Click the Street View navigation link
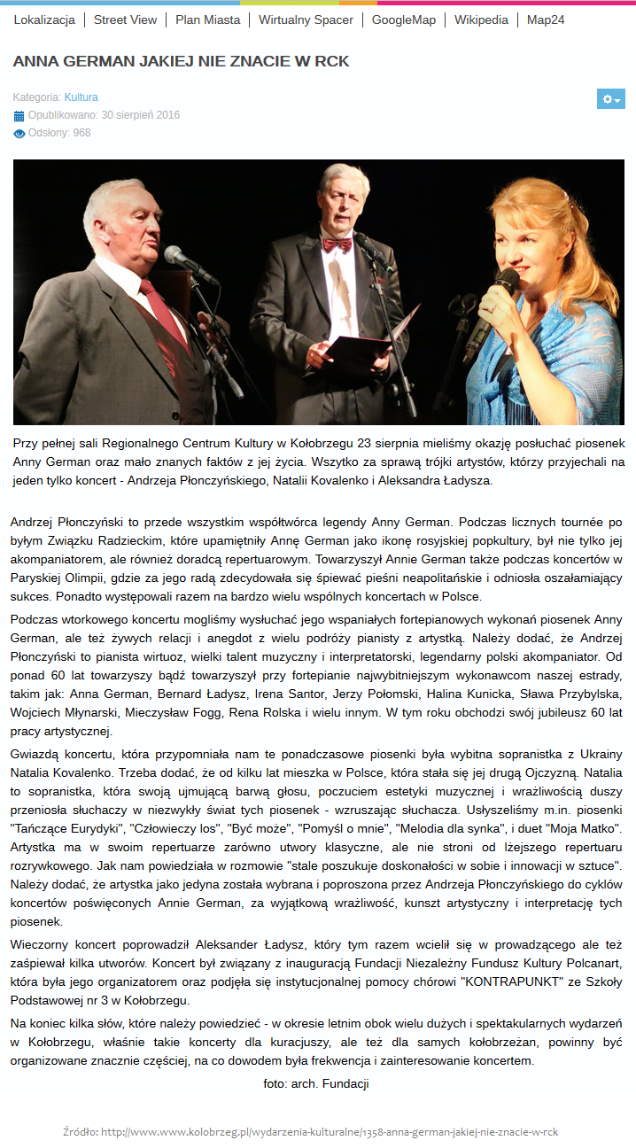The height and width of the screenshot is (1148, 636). click(125, 19)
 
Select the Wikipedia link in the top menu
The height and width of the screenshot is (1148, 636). click(481, 19)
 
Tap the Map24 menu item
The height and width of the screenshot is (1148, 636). click(545, 19)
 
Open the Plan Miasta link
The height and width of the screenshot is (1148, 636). click(207, 19)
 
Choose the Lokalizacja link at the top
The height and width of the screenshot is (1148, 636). click(44, 19)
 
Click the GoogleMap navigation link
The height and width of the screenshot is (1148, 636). click(404, 19)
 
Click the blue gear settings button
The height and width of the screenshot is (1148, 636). click(610, 99)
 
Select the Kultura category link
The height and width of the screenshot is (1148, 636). click(81, 97)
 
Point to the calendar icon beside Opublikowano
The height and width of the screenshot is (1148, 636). click(19, 115)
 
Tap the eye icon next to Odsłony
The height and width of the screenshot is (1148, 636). click(19, 134)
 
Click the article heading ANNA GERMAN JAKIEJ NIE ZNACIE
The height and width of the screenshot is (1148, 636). click(181, 61)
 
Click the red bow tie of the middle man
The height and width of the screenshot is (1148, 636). click(337, 244)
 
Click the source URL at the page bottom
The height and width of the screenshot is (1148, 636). click(330, 1132)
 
